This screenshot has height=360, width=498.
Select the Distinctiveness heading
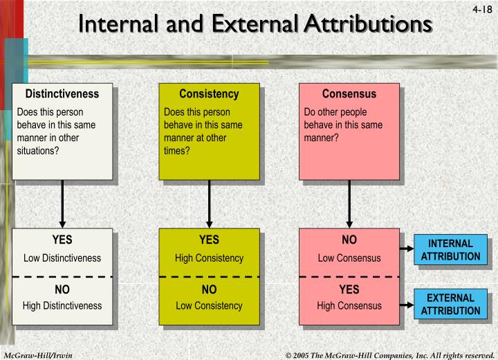click(62, 94)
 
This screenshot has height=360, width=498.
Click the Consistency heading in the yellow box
click(209, 94)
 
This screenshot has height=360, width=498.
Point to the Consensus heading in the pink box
click(349, 94)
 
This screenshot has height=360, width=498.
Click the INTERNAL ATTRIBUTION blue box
click(450, 250)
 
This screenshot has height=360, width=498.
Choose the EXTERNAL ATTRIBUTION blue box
click(450, 305)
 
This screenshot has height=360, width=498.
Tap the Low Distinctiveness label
click(62, 258)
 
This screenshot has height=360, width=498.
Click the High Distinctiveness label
click(62, 305)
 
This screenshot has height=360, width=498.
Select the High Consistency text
click(209, 258)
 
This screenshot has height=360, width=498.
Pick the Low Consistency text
click(209, 305)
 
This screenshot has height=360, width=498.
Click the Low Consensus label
click(349, 258)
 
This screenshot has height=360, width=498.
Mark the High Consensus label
click(349, 305)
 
